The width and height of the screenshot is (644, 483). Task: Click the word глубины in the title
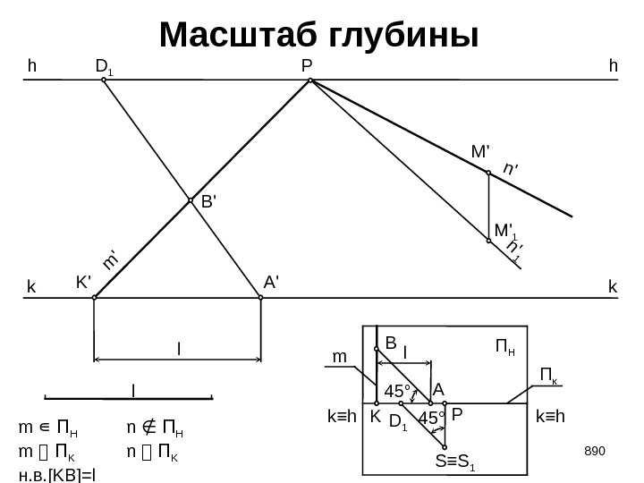coord(402,35)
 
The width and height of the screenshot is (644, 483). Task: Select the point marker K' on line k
coord(95,299)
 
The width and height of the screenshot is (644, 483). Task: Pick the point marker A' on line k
coord(260,299)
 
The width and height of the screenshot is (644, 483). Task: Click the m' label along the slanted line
coord(111,259)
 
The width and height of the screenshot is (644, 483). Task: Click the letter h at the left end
coord(33,65)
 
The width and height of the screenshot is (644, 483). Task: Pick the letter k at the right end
coord(613,287)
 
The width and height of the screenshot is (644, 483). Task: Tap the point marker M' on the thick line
coord(488,174)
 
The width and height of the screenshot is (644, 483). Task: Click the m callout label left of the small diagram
coord(340,357)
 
